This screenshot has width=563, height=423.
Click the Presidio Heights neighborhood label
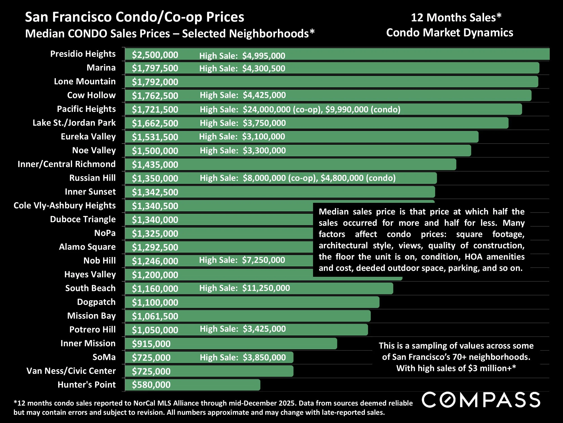click(83, 54)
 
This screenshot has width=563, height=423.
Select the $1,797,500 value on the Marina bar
click(155, 68)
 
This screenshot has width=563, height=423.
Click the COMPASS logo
click(481, 400)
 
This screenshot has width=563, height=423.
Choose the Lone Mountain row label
click(84, 81)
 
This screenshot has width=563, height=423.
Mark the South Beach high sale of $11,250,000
click(266, 288)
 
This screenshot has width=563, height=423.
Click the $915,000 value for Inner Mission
click(151, 344)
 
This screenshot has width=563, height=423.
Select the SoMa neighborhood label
click(104, 357)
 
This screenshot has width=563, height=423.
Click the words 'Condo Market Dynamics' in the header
click(449, 33)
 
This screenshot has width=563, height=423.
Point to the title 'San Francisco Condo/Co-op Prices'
click(134, 17)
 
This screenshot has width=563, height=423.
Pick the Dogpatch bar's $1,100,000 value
click(155, 302)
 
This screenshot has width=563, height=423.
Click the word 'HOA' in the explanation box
click(473, 257)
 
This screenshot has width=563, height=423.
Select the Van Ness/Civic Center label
click(71, 371)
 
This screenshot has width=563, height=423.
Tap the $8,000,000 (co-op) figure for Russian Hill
click(280, 178)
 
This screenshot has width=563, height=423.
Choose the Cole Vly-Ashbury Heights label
click(64, 205)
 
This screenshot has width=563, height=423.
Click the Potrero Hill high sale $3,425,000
click(264, 329)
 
